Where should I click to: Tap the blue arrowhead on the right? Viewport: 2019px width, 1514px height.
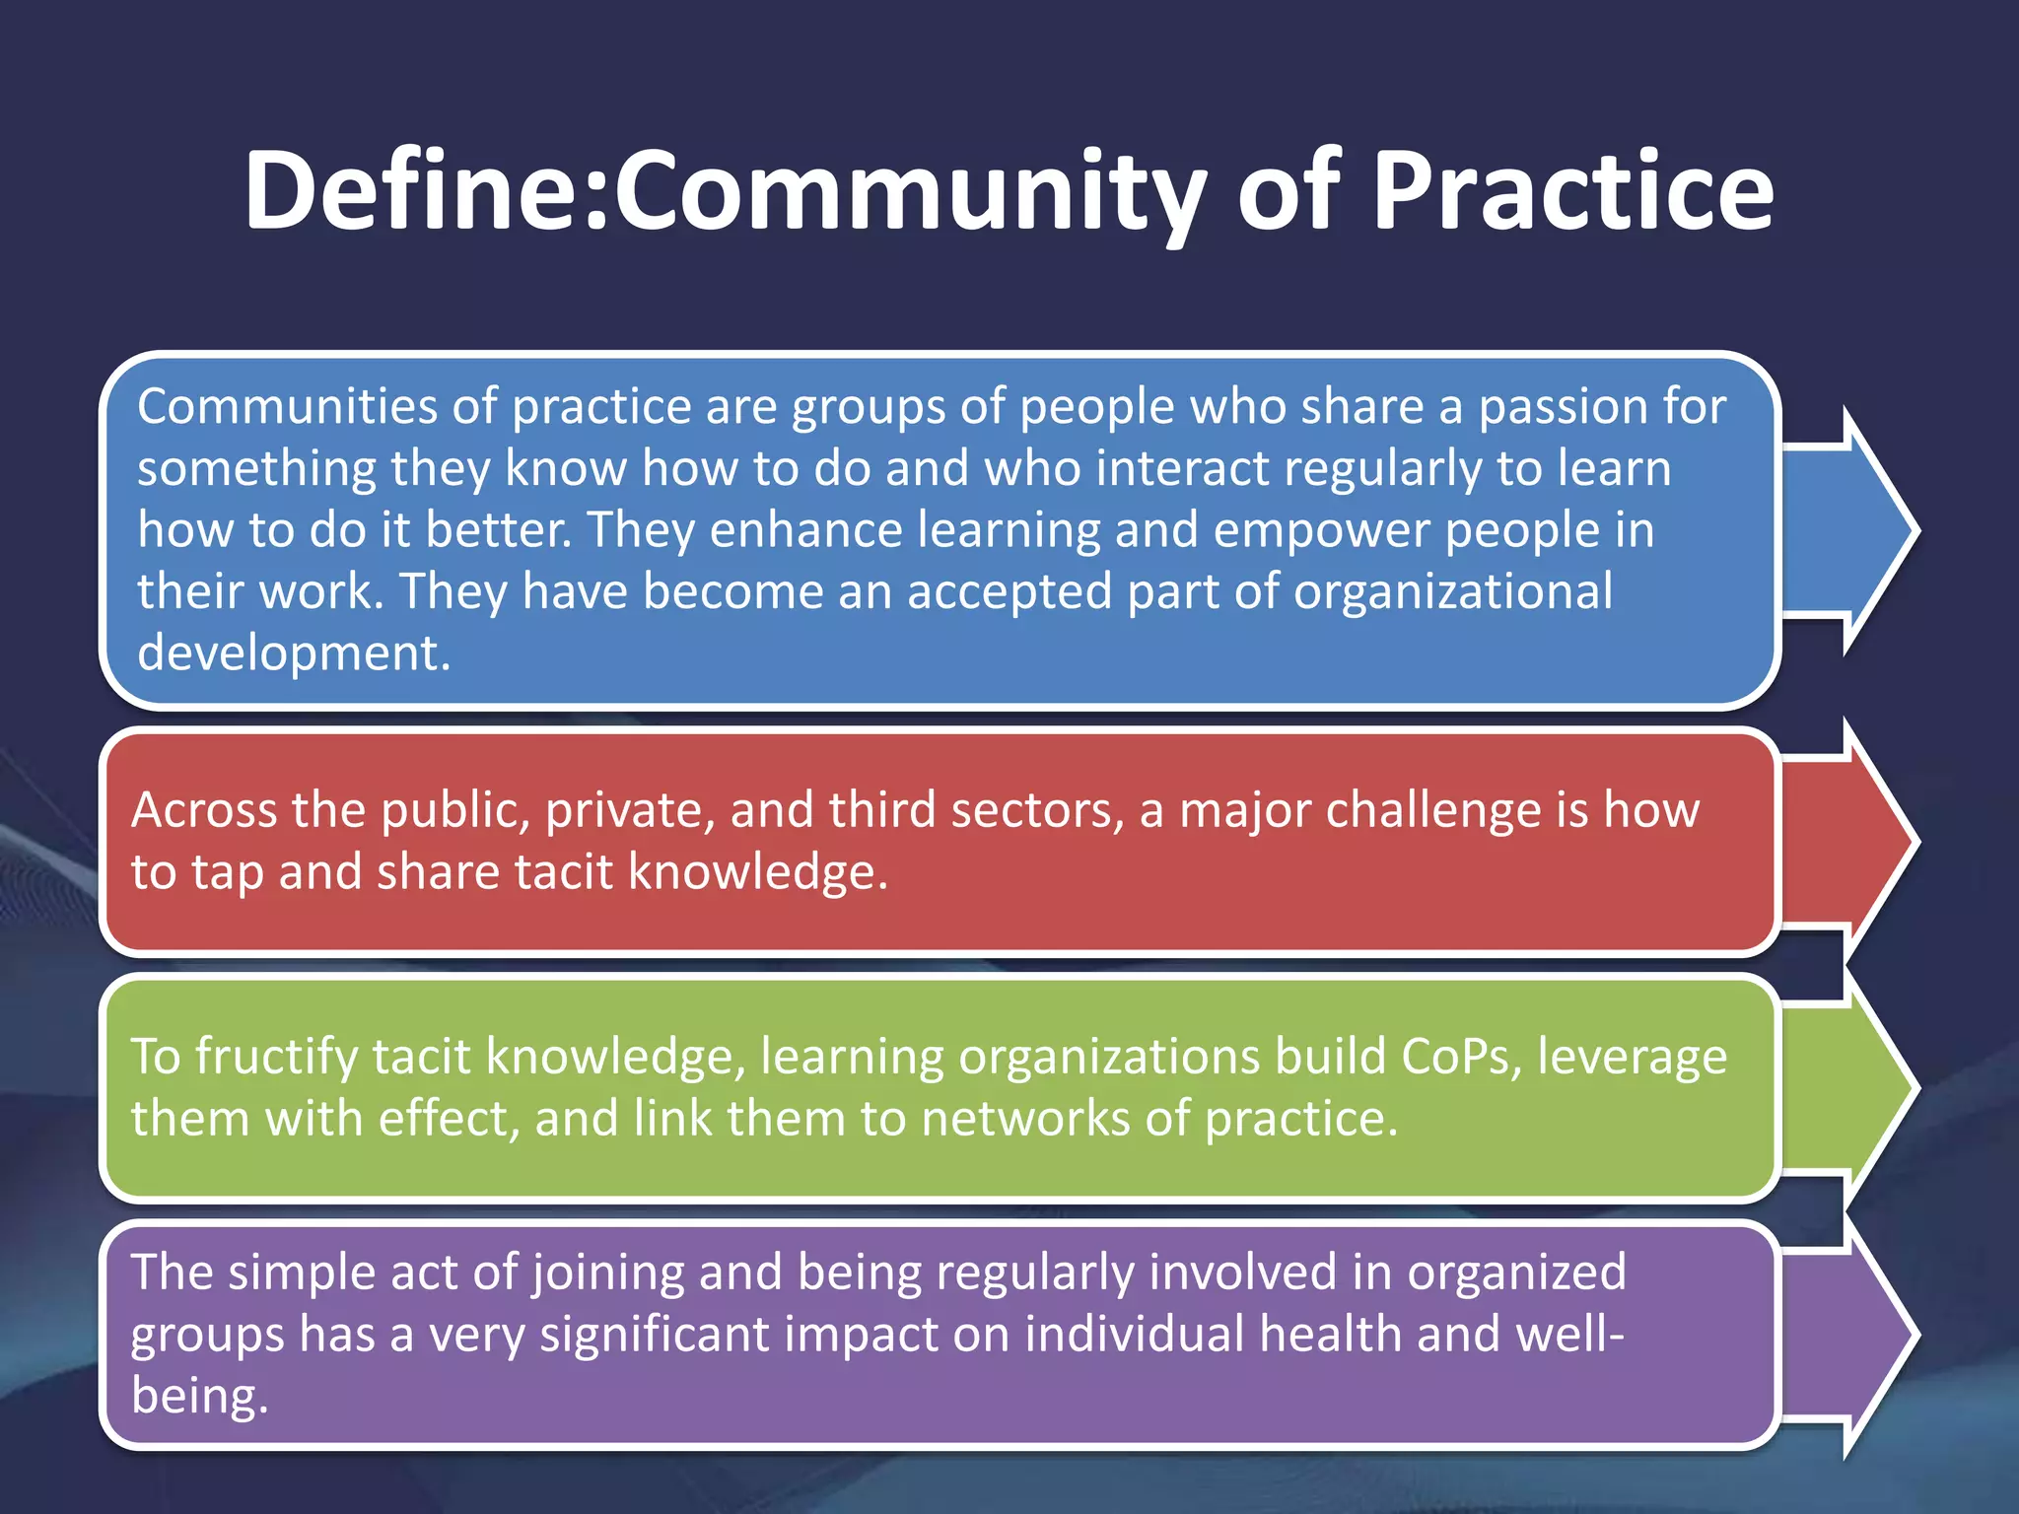tap(1853, 530)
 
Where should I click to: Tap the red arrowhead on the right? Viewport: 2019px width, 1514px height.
tap(1853, 841)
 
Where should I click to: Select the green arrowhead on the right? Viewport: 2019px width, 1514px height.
tap(1853, 1087)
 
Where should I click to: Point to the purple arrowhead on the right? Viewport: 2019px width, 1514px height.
tap(1853, 1334)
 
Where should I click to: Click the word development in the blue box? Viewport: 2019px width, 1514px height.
tap(293, 654)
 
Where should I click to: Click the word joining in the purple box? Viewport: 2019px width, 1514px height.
tap(607, 1273)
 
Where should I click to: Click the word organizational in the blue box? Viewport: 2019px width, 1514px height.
tap(1453, 592)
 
